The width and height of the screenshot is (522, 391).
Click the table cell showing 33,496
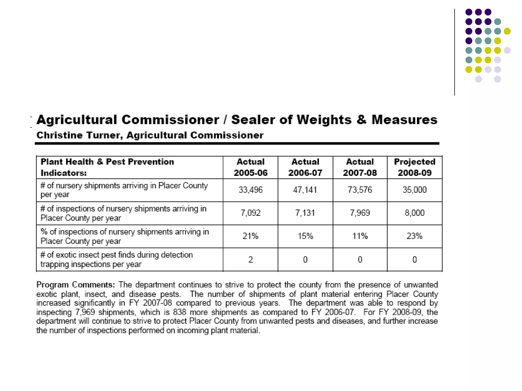[250, 190]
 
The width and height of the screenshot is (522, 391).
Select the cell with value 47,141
[305, 190]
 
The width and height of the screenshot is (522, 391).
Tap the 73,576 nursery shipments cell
[360, 190]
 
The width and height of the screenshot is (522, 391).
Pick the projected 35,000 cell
[414, 190]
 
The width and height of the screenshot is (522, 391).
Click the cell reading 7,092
[250, 213]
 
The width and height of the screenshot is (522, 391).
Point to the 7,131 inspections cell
[305, 213]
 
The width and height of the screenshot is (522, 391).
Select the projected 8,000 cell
[414, 213]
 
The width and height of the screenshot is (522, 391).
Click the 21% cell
[250, 236]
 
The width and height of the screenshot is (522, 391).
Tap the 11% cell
[360, 236]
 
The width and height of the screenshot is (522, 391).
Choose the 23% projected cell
[414, 236]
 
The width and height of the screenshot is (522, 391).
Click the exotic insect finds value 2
[251, 260]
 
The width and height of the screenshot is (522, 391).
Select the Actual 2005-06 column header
[251, 167]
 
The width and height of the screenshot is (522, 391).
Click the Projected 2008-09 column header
[414, 167]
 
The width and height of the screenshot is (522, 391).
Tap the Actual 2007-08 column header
[360, 167]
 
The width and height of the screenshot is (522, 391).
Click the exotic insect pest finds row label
[116, 259]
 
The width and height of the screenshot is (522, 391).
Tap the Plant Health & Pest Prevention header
[107, 162]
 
